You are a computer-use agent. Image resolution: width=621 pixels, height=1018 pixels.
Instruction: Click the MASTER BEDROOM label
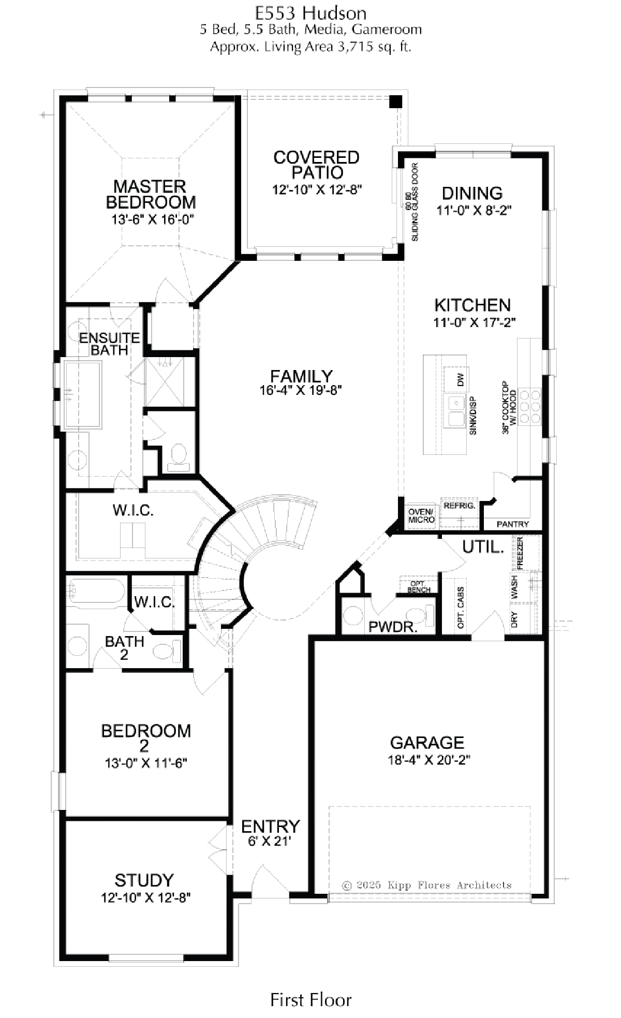pos(151,194)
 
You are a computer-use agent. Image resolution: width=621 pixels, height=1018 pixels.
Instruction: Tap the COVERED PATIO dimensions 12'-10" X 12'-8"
pos(317,189)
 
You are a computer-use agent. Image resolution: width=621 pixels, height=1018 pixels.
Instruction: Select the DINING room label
pos(472,193)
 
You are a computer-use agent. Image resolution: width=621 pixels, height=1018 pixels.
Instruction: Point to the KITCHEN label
pos(472,305)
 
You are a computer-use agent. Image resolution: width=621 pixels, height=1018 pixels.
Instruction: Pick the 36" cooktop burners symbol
pos(528,406)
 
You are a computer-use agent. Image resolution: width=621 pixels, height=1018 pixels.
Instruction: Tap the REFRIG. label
pos(460,505)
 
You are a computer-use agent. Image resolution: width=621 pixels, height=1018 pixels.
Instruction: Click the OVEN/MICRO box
pos(422,515)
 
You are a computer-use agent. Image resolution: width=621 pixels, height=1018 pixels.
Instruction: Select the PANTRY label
pos(513,524)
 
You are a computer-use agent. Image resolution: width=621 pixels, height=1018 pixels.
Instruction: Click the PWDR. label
pos(393,627)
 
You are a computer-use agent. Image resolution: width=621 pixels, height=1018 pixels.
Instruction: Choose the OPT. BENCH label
pos(419,586)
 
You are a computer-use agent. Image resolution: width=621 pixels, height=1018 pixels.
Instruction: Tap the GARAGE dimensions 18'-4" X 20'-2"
pos(428,760)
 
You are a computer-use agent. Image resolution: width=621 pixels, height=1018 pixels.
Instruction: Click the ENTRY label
pos(271,826)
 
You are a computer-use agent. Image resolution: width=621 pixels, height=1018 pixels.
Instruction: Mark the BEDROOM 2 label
pos(146,738)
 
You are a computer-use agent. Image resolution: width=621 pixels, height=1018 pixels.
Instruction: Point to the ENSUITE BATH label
pos(110,344)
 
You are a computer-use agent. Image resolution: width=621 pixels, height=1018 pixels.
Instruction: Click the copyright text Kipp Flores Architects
pos(427,885)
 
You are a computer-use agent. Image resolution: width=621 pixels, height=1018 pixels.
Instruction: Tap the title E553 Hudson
pos(311,13)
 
